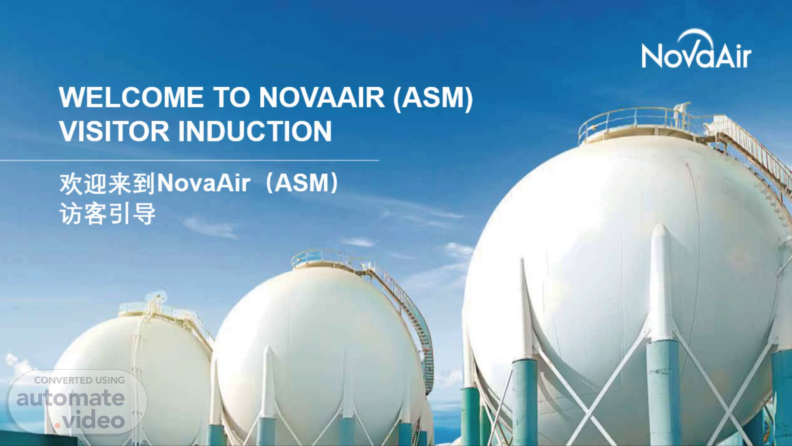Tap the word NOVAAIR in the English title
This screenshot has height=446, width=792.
[322, 97]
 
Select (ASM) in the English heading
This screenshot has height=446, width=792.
[433, 98]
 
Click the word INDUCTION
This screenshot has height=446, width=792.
[255, 131]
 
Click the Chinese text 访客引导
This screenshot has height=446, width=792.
[108, 214]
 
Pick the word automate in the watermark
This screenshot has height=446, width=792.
[71, 398]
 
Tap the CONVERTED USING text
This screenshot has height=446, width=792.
[80, 380]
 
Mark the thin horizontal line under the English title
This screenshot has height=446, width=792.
[189, 160]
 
